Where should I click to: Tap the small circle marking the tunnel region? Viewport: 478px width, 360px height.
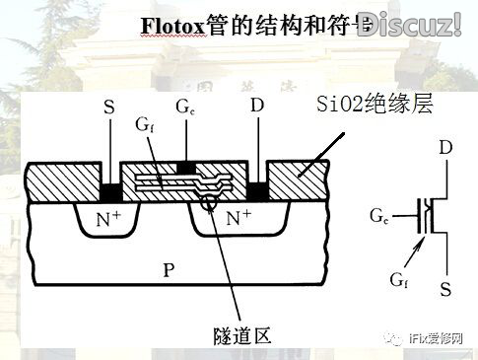click(208, 203)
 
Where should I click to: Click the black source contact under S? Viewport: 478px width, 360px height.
click(110, 188)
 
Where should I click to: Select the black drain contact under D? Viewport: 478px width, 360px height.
click(257, 188)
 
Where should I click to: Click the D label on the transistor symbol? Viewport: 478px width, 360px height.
click(445, 148)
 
